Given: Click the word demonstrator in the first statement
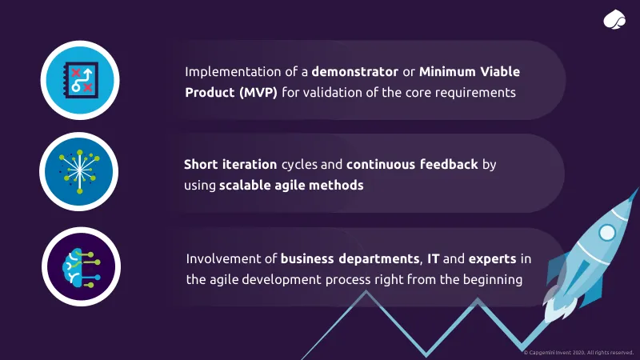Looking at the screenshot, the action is click(354, 72).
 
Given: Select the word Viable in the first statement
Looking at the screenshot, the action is click(500, 72).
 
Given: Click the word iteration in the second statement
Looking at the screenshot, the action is click(250, 165).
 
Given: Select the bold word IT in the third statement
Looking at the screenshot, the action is click(433, 258).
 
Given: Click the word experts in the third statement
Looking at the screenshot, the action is click(492, 259).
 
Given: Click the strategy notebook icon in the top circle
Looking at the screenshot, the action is click(81, 80).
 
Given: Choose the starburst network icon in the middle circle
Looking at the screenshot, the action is click(79, 171).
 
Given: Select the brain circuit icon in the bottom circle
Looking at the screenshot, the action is click(82, 267).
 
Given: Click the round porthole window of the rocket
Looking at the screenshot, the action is click(607, 233).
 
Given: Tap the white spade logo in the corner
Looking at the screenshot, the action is click(614, 19).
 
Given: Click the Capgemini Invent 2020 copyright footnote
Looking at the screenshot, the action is click(578, 353).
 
